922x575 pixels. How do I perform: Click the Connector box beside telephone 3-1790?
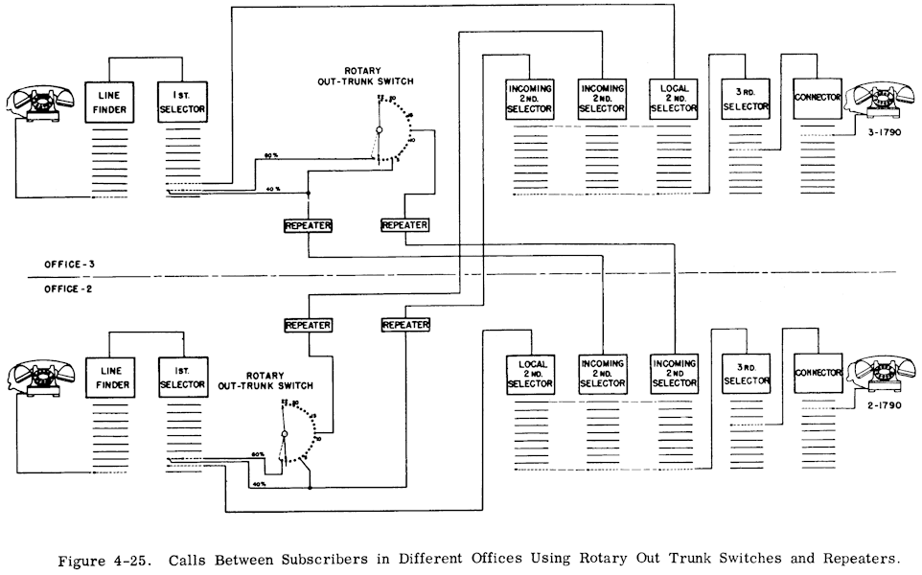[x=818, y=99]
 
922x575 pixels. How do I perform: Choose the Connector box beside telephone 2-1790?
[x=818, y=372]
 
